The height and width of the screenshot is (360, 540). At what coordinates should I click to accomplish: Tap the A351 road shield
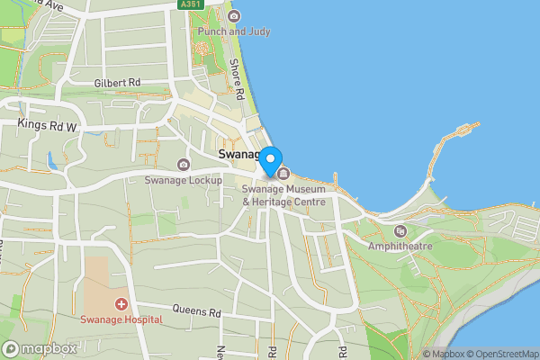click(191, 4)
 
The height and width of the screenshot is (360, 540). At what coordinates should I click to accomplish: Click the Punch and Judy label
click(233, 32)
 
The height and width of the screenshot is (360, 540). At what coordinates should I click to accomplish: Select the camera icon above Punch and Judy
click(234, 16)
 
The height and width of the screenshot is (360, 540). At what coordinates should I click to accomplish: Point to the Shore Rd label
click(238, 80)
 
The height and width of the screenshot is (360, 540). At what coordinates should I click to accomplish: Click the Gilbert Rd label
click(118, 83)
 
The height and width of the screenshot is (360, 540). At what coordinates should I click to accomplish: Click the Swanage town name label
click(239, 155)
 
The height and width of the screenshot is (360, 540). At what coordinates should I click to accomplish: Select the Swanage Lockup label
click(183, 180)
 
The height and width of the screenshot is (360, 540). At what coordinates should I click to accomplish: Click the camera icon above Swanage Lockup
click(184, 164)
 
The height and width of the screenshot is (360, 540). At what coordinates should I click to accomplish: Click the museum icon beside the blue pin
click(283, 174)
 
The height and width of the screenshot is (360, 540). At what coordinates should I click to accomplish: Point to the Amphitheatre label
click(400, 246)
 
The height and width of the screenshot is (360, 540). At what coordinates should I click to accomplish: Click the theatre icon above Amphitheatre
click(400, 231)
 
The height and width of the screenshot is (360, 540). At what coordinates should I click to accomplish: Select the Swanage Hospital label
click(120, 319)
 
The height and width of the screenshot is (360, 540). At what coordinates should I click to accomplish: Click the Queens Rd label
click(197, 312)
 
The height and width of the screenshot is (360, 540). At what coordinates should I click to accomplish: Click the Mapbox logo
click(40, 348)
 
